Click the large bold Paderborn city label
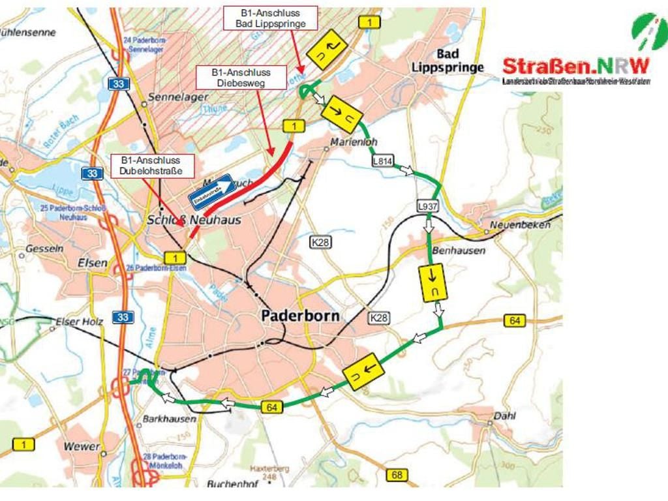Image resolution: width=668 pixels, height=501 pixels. pyautogui.click(x=300, y=316)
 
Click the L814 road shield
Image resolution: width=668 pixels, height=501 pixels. pyautogui.click(x=382, y=160)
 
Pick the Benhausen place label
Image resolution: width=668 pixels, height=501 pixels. pyautogui.click(x=459, y=250)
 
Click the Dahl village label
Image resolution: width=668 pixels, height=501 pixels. pyautogui.click(x=504, y=416)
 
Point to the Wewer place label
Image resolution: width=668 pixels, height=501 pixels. pyautogui.click(x=82, y=447)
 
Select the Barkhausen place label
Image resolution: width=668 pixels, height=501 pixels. pyautogui.click(x=169, y=419)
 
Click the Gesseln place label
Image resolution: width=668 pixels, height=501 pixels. pyautogui.click(x=44, y=249)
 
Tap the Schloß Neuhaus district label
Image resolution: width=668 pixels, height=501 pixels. pyautogui.click(x=194, y=220)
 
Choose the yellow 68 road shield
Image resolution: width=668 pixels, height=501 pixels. pyautogui.click(x=397, y=475)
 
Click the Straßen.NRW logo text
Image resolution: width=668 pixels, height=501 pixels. pyautogui.click(x=575, y=66)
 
